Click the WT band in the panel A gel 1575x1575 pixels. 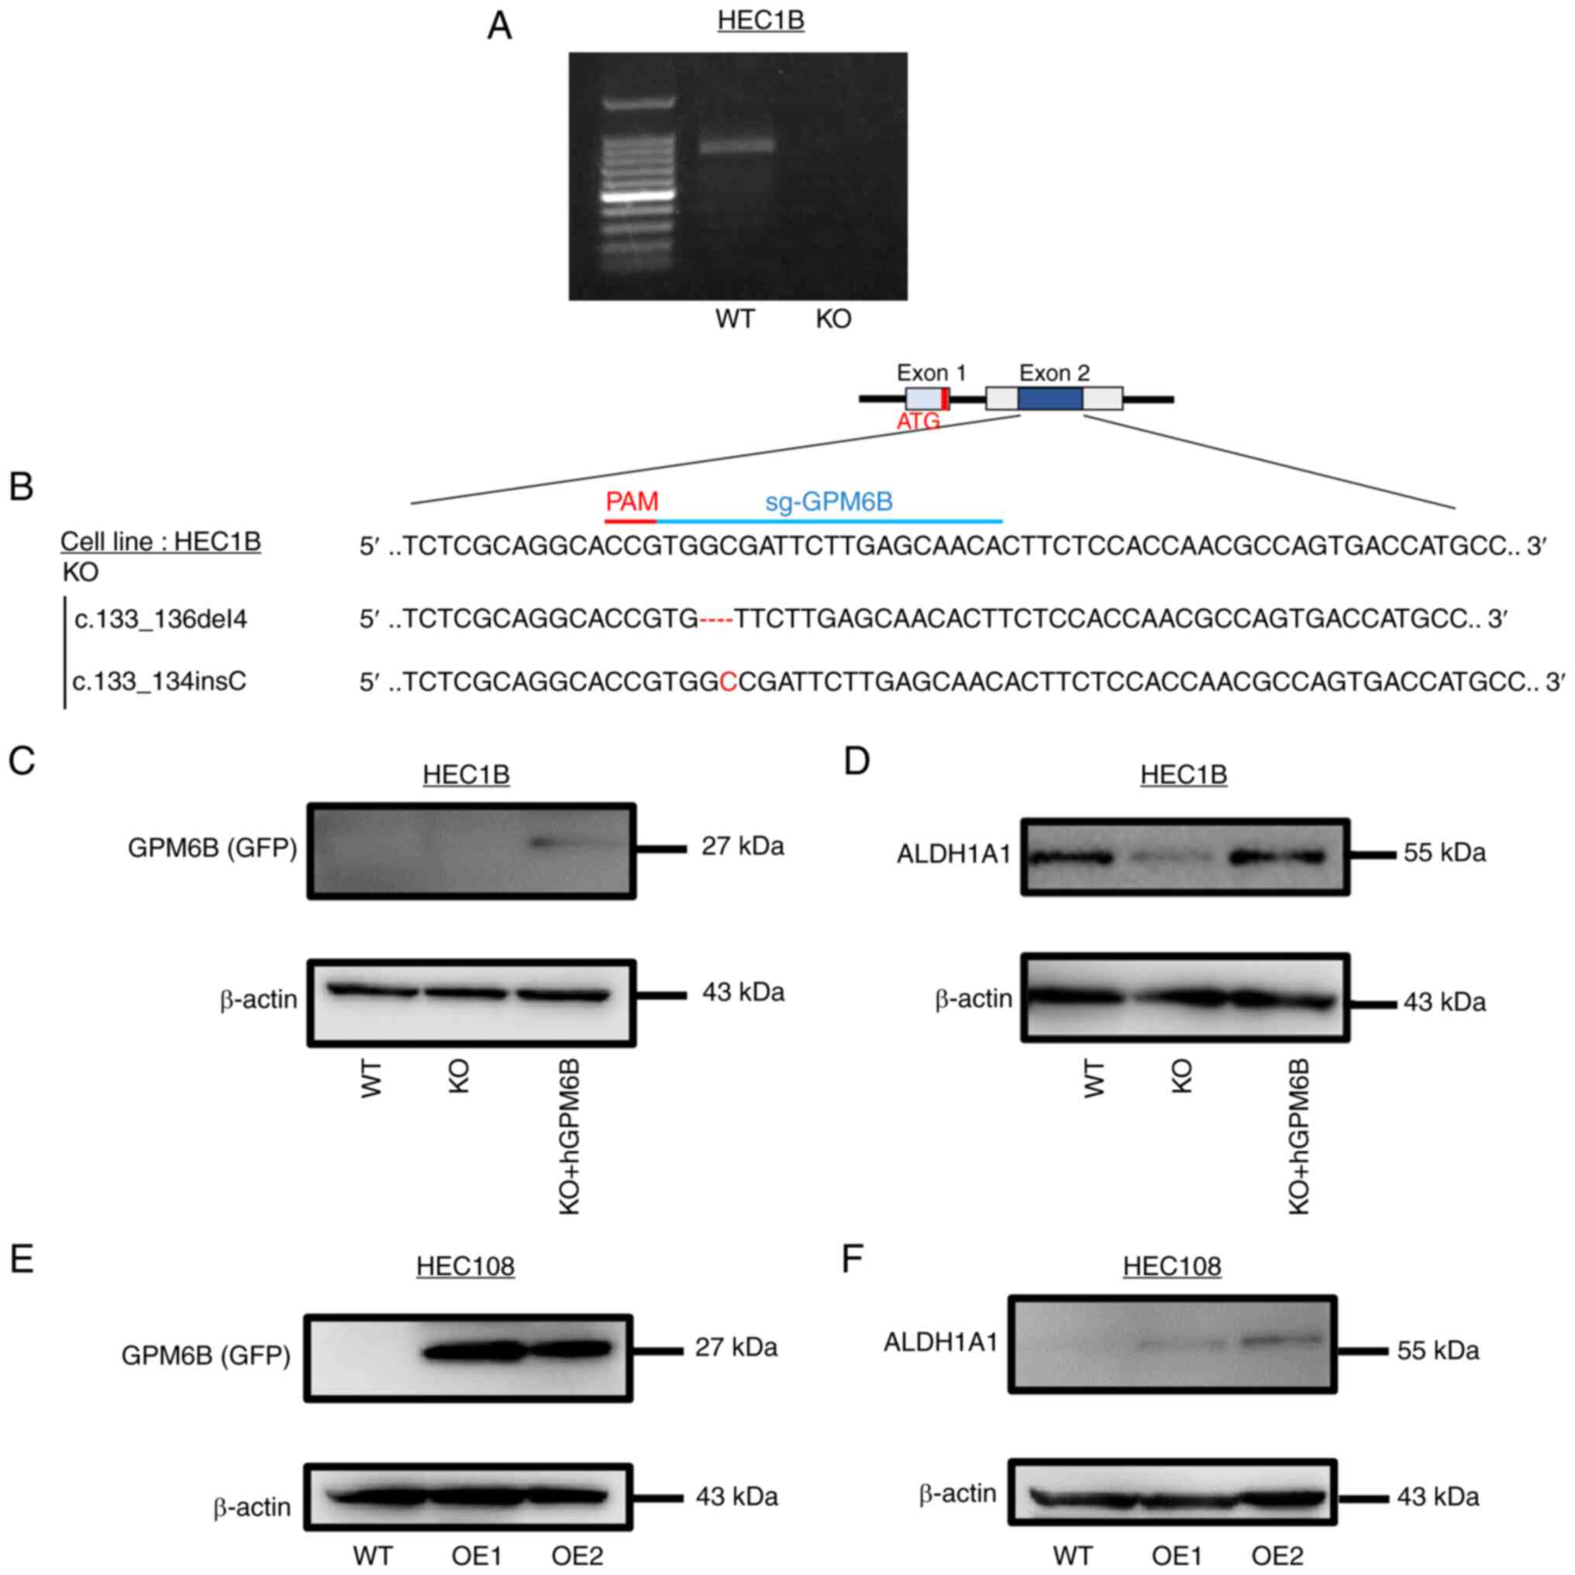coord(736,146)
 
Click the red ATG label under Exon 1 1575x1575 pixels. coord(918,422)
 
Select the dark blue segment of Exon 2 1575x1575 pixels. coord(1050,398)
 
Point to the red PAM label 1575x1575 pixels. coord(632,501)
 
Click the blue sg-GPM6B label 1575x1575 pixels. coord(829,501)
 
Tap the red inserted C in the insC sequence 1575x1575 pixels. coord(728,681)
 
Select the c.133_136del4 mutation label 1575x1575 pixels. coord(160,619)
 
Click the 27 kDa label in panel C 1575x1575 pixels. coord(743,846)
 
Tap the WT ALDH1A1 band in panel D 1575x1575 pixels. coord(1071,856)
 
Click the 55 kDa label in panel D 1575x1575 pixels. coord(1445,853)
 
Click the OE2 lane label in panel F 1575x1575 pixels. coord(1277,1556)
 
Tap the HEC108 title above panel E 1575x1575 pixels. coord(465,1266)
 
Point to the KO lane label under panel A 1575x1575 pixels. coord(833,319)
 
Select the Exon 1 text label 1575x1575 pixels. coord(931,374)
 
